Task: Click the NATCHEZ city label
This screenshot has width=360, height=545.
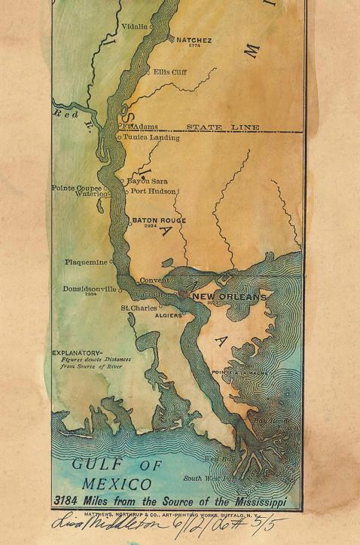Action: [x=194, y=39]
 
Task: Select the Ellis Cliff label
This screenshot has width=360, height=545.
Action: [x=169, y=72]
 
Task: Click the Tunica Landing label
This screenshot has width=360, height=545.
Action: [x=151, y=138]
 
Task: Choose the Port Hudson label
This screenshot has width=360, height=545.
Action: [x=154, y=191]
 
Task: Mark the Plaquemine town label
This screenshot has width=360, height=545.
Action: [x=87, y=262]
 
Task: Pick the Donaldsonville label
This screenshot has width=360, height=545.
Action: [x=90, y=289]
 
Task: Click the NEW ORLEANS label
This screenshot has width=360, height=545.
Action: [x=230, y=298]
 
